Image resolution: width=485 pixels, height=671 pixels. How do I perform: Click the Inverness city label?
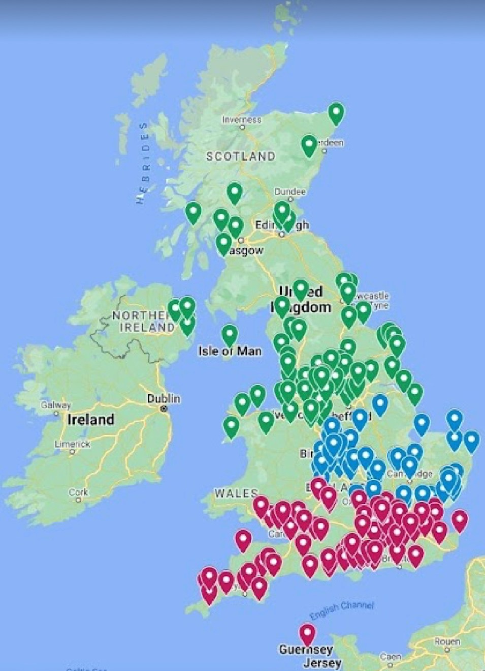coord(242,120)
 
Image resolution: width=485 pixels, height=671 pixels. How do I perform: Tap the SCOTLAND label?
coord(241,156)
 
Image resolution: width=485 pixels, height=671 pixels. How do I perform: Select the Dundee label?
coord(290,191)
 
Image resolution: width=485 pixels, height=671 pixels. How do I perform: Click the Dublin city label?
coord(164,398)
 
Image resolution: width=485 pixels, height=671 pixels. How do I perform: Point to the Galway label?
coord(56,405)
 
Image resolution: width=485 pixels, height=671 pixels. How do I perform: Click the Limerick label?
coord(73,444)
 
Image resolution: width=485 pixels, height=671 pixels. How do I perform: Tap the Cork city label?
coord(78,492)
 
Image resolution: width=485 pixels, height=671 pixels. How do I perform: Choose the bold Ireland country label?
coord(91,420)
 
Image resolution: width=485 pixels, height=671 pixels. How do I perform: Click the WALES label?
coord(236,493)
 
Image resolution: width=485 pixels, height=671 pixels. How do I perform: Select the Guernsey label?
coord(306,650)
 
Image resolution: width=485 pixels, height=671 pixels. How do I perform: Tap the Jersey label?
coord(322,663)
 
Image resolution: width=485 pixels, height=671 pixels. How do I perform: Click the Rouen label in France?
coord(447,641)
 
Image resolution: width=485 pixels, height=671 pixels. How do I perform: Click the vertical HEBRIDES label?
coord(144,163)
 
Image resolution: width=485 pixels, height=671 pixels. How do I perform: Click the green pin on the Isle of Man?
coord(230,335)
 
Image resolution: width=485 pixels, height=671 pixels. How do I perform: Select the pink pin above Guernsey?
coord(307,633)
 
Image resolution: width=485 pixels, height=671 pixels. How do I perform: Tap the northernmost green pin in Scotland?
coord(336,112)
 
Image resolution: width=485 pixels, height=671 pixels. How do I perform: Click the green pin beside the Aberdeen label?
coord(309,145)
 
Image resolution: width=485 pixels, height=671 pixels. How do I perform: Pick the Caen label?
coord(390,657)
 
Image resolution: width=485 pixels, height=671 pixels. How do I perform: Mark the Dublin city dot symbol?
coord(164,409)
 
